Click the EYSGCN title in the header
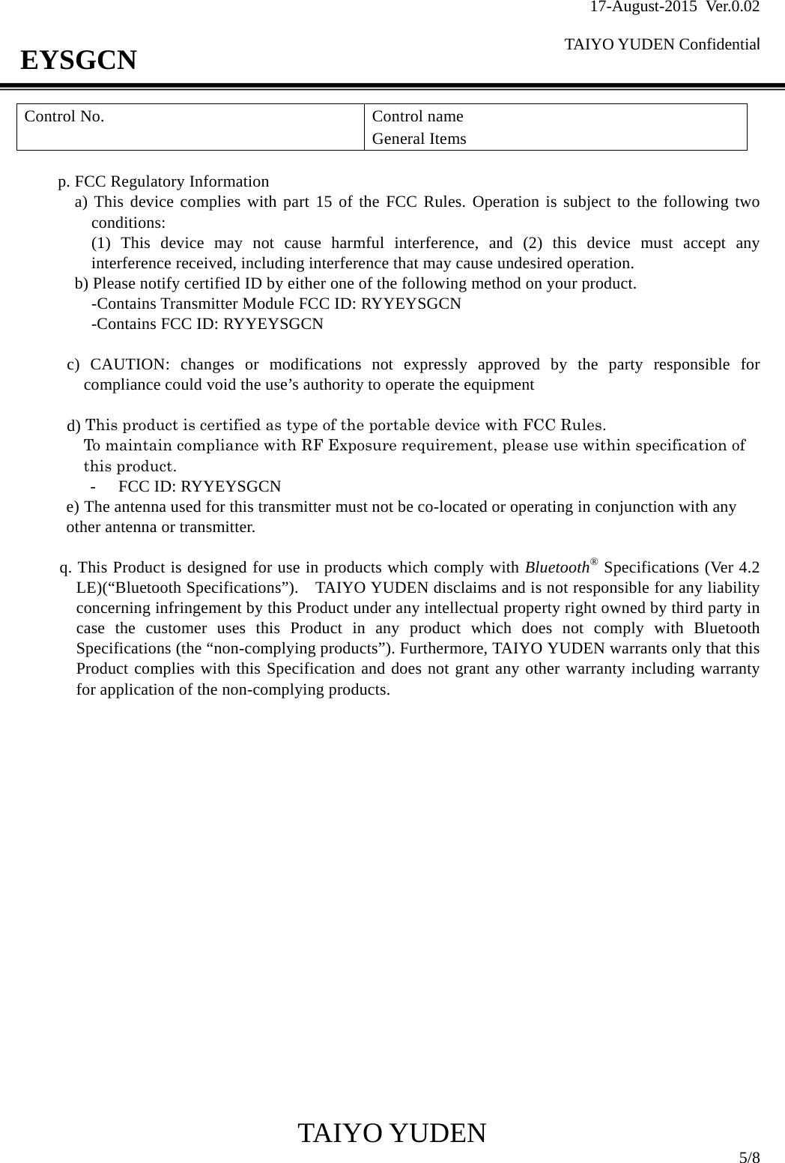(79, 59)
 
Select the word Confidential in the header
(720, 45)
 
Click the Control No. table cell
(64, 117)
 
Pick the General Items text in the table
(419, 139)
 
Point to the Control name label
(417, 117)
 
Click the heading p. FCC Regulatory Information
(164, 182)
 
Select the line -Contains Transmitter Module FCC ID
(276, 304)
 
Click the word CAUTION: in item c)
(130, 366)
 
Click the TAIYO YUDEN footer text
(392, 1134)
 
